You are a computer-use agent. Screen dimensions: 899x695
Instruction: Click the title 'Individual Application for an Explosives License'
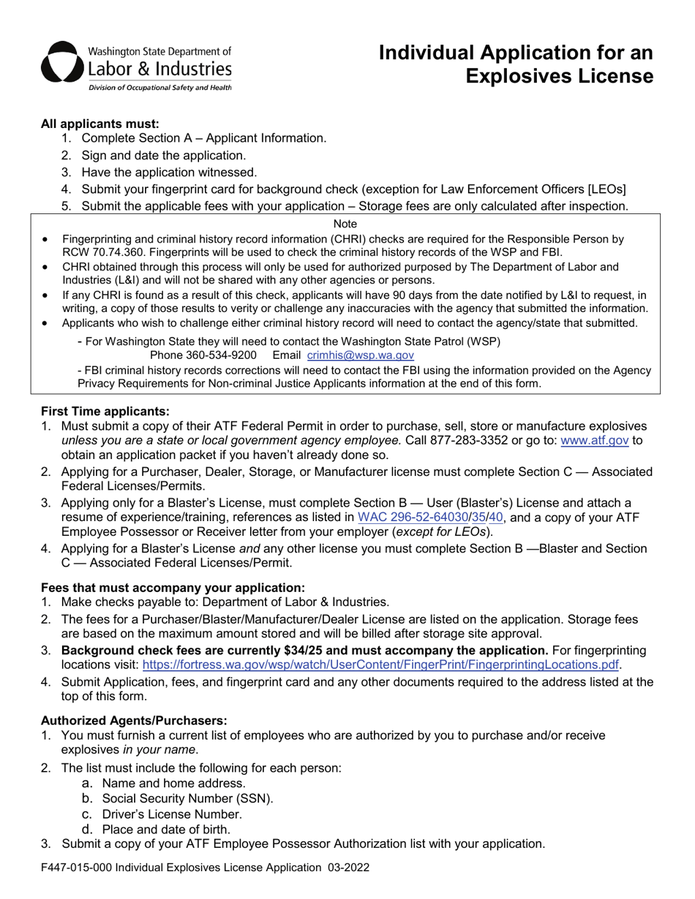(516, 64)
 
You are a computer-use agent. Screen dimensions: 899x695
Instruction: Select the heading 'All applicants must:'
(99, 124)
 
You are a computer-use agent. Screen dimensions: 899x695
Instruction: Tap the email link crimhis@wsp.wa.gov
(361, 355)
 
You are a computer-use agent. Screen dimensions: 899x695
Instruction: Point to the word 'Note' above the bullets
(345, 223)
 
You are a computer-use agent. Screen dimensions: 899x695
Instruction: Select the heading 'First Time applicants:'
(105, 411)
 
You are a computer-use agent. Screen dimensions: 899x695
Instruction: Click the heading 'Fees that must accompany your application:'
(173, 588)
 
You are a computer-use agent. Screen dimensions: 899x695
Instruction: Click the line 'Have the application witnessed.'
(169, 172)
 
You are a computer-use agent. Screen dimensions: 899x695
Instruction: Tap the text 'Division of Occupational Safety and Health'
(159, 88)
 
